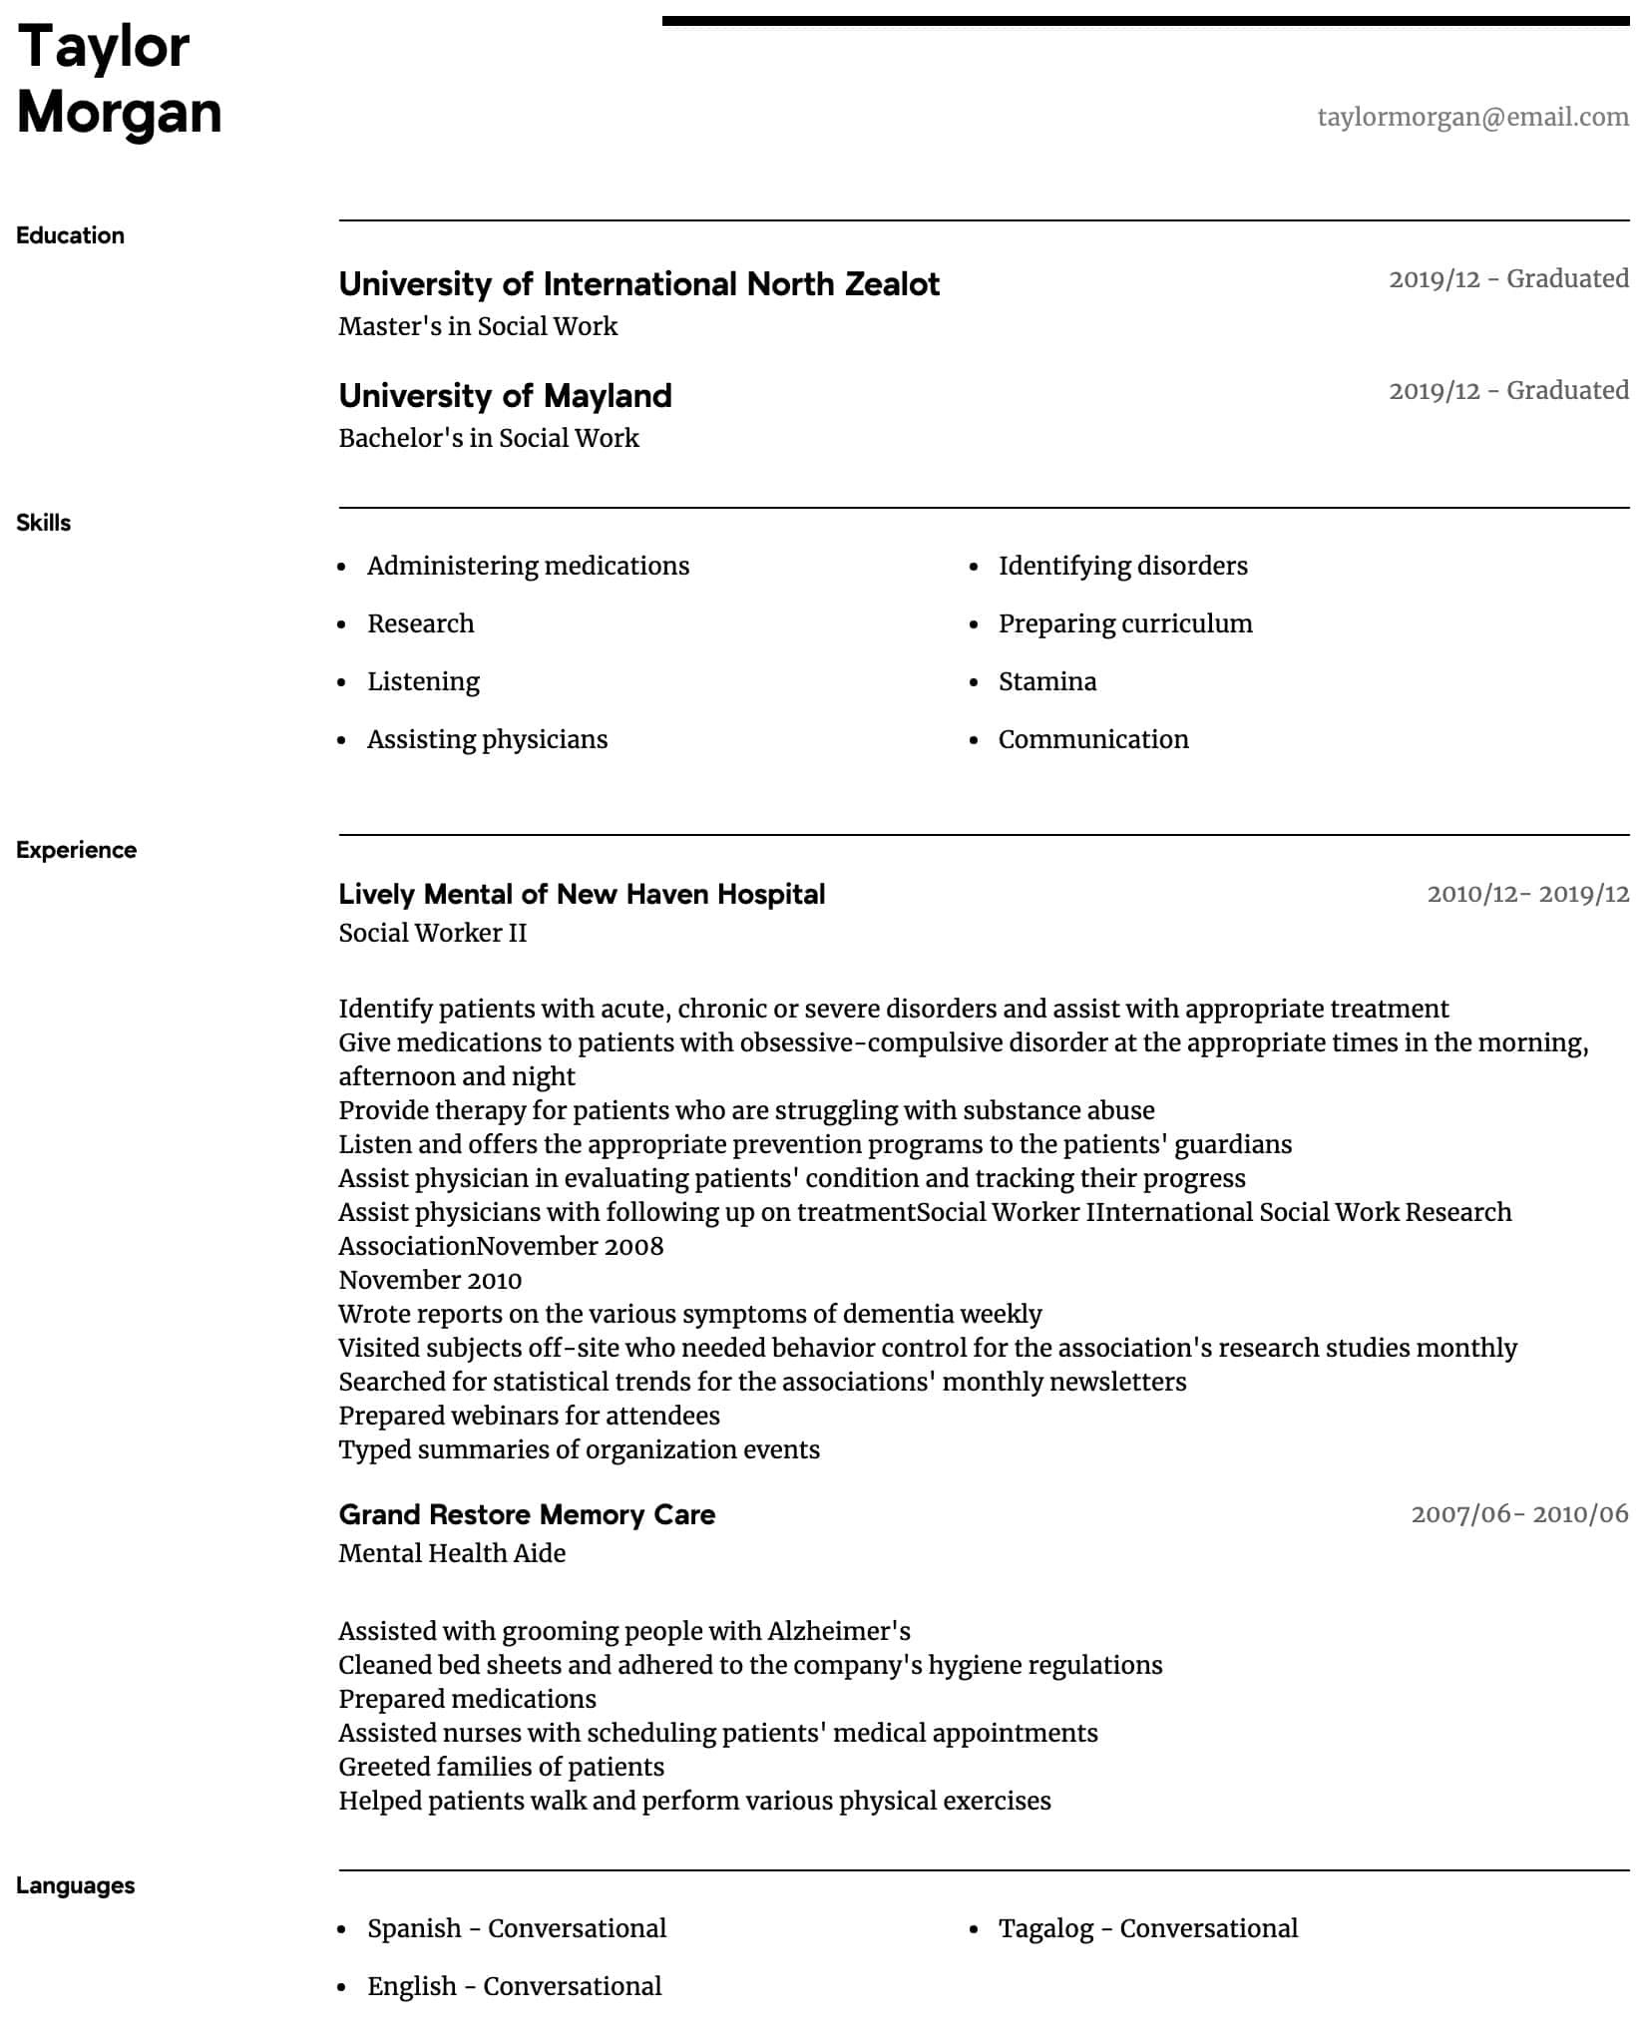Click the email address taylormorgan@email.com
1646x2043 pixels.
click(x=1472, y=117)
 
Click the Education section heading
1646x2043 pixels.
click(x=70, y=235)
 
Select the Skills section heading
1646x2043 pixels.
click(x=43, y=523)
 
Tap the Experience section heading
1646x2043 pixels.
click(x=76, y=850)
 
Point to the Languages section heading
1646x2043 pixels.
click(x=75, y=1885)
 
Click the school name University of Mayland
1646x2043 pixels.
click(x=505, y=396)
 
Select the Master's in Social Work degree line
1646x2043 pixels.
click(x=478, y=326)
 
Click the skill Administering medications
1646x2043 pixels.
click(x=528, y=566)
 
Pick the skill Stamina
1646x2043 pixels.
click(x=1046, y=681)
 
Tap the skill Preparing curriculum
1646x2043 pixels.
click(x=1124, y=623)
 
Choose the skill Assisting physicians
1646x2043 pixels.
click(x=487, y=739)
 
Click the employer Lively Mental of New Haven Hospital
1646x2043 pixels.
click(x=582, y=894)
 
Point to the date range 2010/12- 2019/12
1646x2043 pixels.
click(x=1527, y=894)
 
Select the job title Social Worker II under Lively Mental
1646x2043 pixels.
click(x=432, y=933)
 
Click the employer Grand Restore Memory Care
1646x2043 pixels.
click(x=527, y=1514)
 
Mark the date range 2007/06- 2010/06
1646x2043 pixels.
click(x=1519, y=1514)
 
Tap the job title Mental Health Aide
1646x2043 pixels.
click(x=452, y=1553)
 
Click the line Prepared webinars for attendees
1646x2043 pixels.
click(x=529, y=1416)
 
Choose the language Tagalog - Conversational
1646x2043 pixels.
click(x=1147, y=1928)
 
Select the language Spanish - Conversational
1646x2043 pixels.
click(x=516, y=1928)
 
